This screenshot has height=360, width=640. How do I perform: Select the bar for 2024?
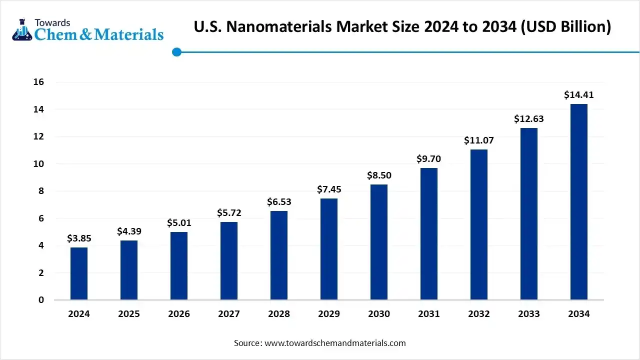pos(79,273)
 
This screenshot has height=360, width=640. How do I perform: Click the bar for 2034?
pos(579,202)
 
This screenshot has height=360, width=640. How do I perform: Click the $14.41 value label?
pos(579,94)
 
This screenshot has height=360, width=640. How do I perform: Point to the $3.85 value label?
pos(79,238)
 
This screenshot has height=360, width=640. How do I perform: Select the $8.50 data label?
pos(379,175)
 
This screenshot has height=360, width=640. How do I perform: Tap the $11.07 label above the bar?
pos(479,140)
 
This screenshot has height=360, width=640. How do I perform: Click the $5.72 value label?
pos(229,213)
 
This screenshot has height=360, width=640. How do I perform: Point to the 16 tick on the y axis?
pos(39,82)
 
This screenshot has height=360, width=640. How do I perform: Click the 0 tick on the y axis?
pos(41,300)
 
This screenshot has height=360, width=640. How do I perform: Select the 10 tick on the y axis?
pos(39,164)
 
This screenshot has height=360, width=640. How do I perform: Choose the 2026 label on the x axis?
pos(179,314)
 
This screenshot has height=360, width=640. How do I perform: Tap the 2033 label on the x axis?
pos(529,314)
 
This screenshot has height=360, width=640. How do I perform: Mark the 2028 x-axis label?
pos(279,314)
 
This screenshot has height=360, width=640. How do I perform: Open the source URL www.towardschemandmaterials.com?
pos(335,343)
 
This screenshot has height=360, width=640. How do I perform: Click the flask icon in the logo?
pos(21,30)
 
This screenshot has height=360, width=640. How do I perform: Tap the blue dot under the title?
pos(176,51)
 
